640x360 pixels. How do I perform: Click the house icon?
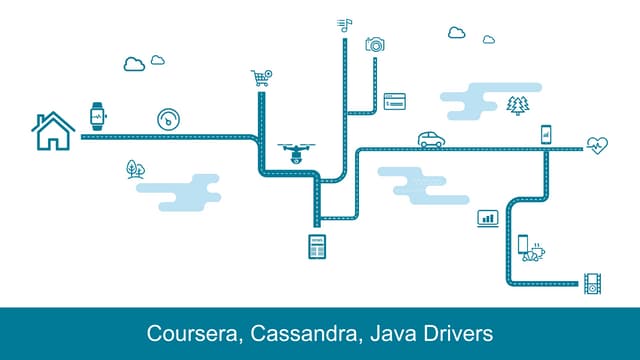click(53, 131)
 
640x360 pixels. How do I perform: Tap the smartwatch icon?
click(97, 116)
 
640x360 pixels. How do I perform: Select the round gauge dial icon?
click(169, 118)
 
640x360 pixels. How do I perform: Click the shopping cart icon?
click(262, 78)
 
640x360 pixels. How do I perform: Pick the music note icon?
click(345, 25)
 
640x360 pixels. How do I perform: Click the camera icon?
click(375, 44)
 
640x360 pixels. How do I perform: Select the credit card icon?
click(394, 101)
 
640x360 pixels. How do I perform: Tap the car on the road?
click(431, 139)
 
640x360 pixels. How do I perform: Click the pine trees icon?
click(517, 105)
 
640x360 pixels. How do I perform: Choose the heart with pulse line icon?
click(597, 144)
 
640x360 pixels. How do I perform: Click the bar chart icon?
click(488, 218)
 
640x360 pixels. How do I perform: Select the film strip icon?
click(593, 283)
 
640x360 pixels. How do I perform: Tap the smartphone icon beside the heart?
click(546, 133)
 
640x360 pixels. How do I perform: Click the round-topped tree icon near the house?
click(135, 168)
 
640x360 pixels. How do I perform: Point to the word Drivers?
click(459, 332)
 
